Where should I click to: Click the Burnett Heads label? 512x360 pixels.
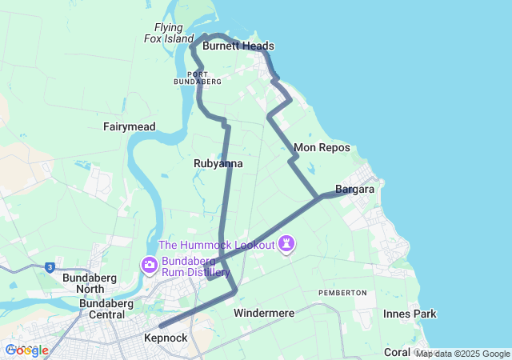coord(238,46)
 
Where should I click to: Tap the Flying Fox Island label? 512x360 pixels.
coord(169,33)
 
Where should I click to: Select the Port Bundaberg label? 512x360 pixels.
coord(197,78)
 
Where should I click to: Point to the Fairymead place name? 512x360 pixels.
coord(129,126)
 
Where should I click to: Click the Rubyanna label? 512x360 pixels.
coord(218,163)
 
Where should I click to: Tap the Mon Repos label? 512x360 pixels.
coord(322,148)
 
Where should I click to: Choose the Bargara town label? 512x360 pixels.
coord(355,190)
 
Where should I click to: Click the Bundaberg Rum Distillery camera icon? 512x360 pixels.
coord(150,265)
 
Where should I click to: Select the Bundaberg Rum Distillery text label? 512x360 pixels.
coord(189,266)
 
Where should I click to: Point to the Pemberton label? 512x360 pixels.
coord(342,293)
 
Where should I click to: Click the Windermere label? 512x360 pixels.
coord(264,313)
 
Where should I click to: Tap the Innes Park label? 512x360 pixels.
coord(410,314)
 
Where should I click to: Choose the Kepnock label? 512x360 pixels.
coord(166,338)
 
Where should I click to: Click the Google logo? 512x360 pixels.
coord(26,350)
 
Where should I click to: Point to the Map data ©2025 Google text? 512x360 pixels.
coord(462,354)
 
